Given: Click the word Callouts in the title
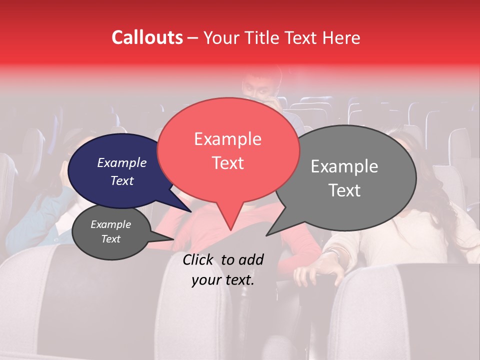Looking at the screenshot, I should click(147, 37).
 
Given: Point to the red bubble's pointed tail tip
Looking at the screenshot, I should click(230, 229).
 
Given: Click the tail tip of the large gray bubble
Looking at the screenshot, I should click(267, 235).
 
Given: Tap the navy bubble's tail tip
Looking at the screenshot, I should click(191, 211).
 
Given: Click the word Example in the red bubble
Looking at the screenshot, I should click(228, 139).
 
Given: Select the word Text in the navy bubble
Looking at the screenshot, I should click(122, 180).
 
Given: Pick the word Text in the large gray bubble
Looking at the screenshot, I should click(345, 190).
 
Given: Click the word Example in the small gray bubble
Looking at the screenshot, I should click(111, 224).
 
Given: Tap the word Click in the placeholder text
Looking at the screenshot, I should click(199, 259).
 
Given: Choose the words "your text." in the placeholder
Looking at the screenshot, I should click(223, 280).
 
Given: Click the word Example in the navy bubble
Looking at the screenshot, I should click(122, 162).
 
